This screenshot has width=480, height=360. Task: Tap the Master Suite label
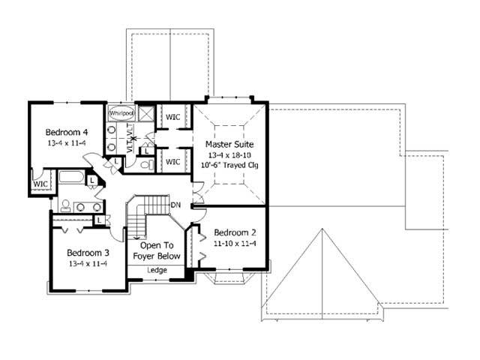pos(229,143)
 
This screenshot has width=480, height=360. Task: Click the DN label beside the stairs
pos(176,204)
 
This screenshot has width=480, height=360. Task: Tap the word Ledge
pos(157,270)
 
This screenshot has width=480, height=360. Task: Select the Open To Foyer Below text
pos(157,250)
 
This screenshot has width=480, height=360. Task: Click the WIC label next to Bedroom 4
pos(40,183)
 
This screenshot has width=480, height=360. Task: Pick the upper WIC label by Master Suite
pos(172,117)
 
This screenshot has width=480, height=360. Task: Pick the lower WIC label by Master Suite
pos(172,161)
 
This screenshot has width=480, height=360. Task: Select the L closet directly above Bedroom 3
pos(99,219)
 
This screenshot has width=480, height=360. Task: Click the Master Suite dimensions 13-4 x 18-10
pos(229,154)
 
